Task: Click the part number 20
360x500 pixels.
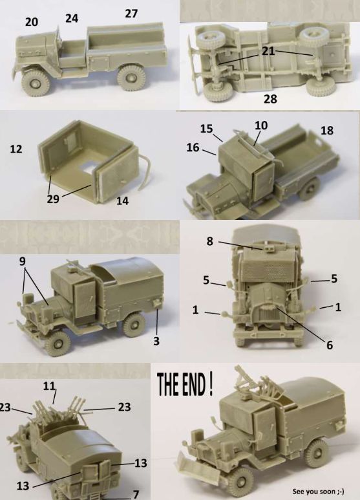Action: [32, 22]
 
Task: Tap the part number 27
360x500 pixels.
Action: [131, 14]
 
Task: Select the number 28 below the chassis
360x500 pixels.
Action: [270, 99]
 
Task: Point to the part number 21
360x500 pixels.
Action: [268, 51]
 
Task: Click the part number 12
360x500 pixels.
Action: [16, 149]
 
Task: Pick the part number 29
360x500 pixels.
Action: [53, 199]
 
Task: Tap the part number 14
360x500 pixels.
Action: [122, 201]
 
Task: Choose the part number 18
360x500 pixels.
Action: [327, 130]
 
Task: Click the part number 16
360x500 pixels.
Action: [193, 147]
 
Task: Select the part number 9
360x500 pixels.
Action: [23, 261]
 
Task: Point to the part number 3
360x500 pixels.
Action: [156, 341]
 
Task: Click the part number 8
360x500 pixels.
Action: [209, 241]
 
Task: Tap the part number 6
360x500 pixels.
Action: [330, 345]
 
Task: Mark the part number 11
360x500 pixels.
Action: [49, 386]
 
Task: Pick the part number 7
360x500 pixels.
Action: [136, 494]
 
